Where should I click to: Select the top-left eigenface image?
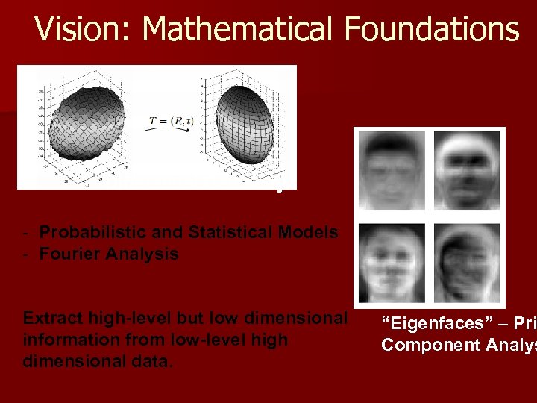click(x=392, y=169)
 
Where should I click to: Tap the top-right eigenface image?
click(x=465, y=169)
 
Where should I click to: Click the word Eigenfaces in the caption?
click(x=432, y=324)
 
